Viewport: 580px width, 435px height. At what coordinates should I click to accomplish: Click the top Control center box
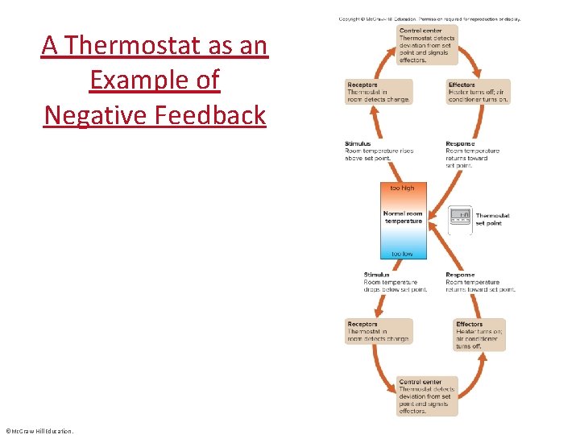click(428, 45)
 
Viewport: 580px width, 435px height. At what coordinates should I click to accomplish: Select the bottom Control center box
click(428, 396)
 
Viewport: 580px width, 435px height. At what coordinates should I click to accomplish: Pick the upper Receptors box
click(379, 92)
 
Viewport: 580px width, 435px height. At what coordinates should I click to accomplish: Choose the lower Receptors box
click(379, 331)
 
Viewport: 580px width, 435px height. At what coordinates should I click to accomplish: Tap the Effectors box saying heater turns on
click(480, 335)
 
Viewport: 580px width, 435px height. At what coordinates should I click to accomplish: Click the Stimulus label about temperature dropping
click(391, 282)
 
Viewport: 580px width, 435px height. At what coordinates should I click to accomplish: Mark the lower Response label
click(480, 282)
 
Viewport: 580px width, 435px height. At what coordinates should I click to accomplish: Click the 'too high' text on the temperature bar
click(403, 188)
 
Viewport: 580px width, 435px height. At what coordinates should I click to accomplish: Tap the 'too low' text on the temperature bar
click(403, 254)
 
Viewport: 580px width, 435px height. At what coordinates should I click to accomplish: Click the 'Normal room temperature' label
click(403, 217)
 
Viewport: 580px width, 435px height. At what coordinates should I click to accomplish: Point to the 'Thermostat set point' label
click(492, 219)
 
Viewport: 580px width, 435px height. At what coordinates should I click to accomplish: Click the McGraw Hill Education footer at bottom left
click(39, 431)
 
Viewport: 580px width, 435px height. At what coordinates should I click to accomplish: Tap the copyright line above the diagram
click(429, 19)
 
